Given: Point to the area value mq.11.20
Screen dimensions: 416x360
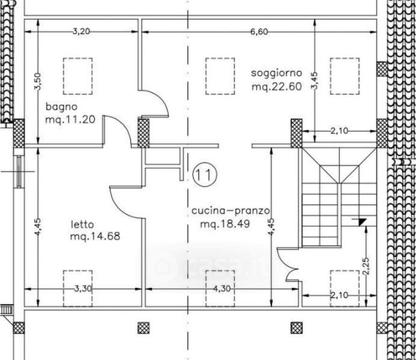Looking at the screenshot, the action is (x=70, y=120).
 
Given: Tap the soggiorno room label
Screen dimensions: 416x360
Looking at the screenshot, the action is (x=276, y=73).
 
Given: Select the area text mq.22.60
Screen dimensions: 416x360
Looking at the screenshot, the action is (x=277, y=87).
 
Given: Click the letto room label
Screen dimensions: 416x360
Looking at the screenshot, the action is (x=82, y=224).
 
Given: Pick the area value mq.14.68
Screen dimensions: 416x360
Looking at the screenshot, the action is (x=95, y=236).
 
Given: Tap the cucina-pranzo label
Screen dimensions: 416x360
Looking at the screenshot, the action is (x=231, y=211).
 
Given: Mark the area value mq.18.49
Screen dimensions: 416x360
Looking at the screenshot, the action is (x=225, y=224).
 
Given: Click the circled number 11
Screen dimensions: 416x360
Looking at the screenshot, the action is (x=205, y=175).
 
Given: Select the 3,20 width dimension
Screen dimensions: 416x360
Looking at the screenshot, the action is (x=82, y=32).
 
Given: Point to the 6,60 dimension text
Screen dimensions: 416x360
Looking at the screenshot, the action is (x=259, y=32).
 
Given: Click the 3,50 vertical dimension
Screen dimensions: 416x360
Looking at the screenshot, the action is (x=38, y=82).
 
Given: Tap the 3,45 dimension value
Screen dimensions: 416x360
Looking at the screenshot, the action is (x=314, y=81).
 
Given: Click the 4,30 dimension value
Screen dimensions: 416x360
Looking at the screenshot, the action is (x=222, y=289).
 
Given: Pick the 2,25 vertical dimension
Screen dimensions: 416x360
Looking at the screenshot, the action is (x=366, y=266).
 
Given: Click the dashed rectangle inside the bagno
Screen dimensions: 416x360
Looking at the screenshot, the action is (x=78, y=76).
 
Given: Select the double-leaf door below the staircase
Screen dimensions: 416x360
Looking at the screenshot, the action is (x=288, y=265).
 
